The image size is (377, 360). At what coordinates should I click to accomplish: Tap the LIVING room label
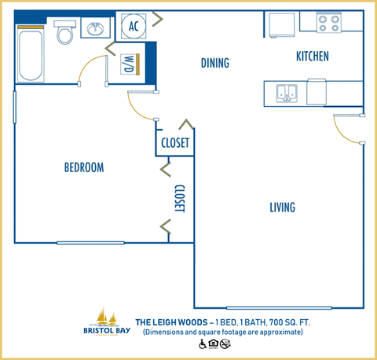(x=282, y=208)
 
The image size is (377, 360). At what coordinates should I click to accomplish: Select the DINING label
(x=214, y=63)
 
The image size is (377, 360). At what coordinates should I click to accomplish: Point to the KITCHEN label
(x=312, y=56)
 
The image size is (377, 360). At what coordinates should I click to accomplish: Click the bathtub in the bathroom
(x=31, y=54)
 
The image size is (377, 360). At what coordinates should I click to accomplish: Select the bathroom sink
(x=96, y=31)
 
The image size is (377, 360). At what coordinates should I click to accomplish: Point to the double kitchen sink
(x=286, y=94)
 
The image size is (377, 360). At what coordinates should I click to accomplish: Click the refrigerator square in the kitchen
(x=280, y=25)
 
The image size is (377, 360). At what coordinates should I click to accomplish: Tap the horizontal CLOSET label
(x=174, y=143)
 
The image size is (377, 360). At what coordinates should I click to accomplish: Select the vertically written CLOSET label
(x=179, y=199)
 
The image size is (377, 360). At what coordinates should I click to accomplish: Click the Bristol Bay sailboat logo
(x=107, y=318)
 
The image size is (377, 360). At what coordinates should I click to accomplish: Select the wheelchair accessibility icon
(x=201, y=343)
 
